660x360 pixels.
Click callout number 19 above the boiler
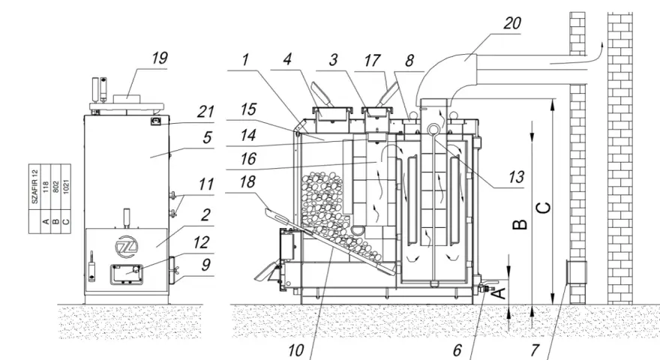160,58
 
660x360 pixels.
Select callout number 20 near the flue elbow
511,22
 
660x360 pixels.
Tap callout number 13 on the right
516,177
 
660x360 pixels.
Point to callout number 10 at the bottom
296,350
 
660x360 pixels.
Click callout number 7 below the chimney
535,350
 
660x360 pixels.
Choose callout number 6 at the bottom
457,350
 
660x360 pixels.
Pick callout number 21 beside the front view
205,112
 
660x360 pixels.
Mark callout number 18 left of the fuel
247,182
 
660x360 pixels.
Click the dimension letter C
544,208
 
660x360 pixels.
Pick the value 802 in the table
56,187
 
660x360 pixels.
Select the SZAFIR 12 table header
35,187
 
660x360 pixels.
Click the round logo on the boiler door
125,246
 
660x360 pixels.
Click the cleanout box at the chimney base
576,272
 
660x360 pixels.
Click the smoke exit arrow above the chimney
577,57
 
